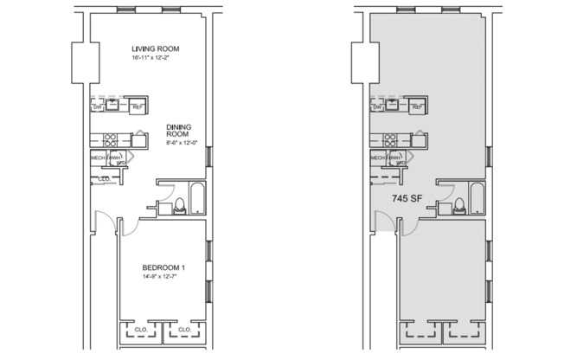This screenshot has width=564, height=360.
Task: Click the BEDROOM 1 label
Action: pyautogui.click(x=163, y=268)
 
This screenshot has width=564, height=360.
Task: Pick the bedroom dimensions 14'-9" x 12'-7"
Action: pyautogui.click(x=163, y=279)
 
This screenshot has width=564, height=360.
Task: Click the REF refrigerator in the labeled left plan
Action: pyautogui.click(x=138, y=106)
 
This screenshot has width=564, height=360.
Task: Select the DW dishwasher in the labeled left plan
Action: pyautogui.click(x=98, y=106)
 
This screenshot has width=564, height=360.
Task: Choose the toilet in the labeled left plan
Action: pyautogui.click(x=179, y=206)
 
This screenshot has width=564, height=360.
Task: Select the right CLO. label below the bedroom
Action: pyautogui.click(x=183, y=330)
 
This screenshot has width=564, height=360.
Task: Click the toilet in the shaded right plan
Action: pyautogui.click(x=459, y=206)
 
